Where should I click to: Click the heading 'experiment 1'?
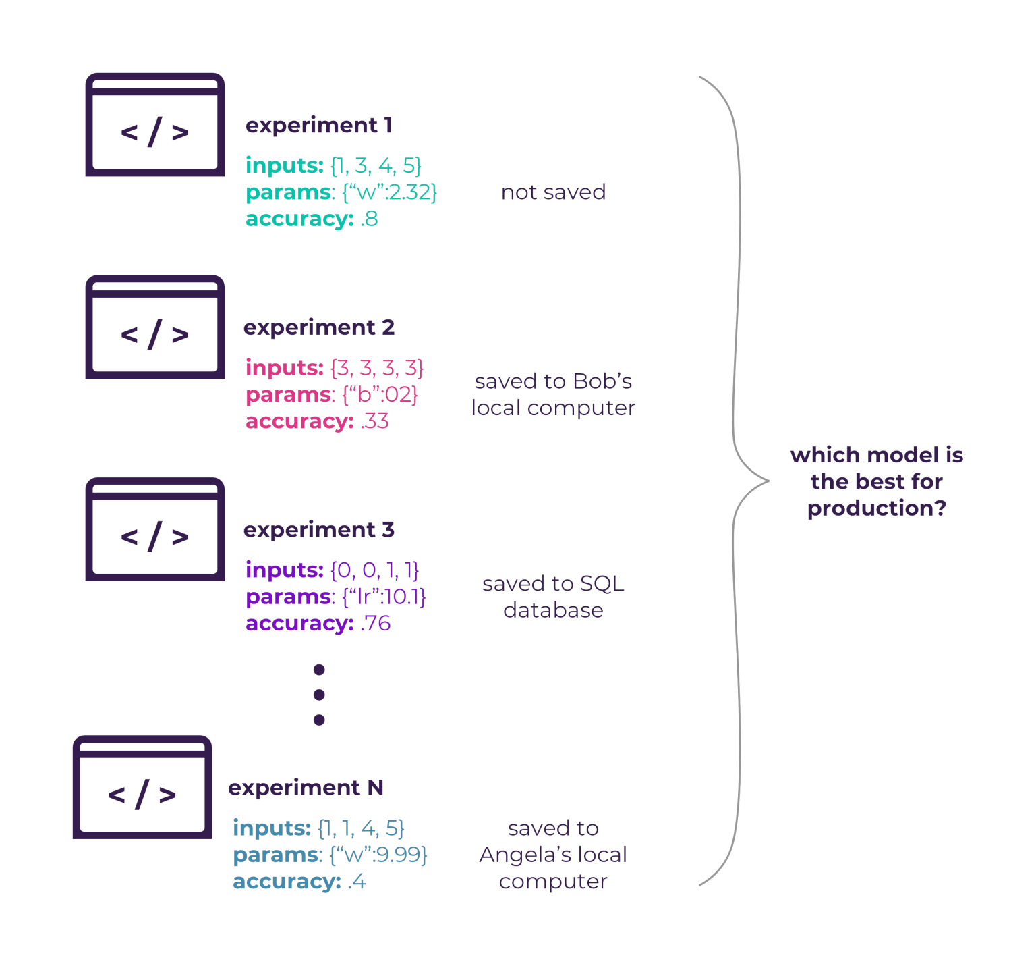(318, 126)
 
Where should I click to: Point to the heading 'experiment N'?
(306, 788)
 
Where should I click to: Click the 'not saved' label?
(553, 192)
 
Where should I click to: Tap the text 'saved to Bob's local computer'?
(553, 395)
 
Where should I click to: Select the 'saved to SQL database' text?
(553, 597)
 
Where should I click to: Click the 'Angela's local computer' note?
(553, 855)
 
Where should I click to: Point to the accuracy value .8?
(369, 219)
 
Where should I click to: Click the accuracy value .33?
(374, 422)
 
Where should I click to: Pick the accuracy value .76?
(375, 624)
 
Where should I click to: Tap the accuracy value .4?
(357, 882)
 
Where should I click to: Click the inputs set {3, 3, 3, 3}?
(377, 369)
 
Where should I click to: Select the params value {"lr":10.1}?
(384, 597)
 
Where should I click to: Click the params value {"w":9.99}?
(378, 855)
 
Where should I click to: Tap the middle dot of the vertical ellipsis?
(319, 695)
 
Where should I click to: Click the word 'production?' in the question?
(877, 508)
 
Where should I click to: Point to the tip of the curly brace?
(768, 481)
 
